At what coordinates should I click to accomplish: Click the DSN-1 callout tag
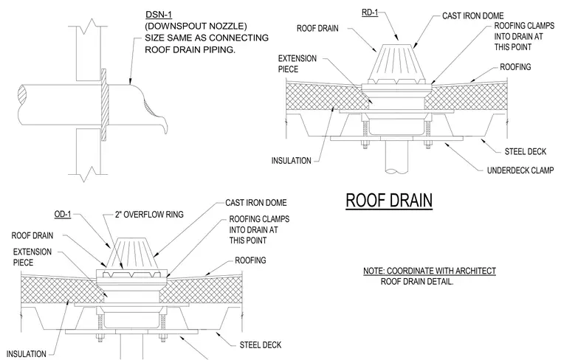[159, 15]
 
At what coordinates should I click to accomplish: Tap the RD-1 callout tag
[370, 13]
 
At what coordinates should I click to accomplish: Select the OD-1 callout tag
[63, 215]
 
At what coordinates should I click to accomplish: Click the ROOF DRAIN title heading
[389, 201]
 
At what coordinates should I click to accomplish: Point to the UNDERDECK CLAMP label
[520, 170]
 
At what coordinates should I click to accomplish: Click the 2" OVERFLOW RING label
[149, 215]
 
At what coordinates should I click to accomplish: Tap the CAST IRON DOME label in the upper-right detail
[472, 15]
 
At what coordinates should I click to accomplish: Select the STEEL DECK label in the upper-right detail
[526, 151]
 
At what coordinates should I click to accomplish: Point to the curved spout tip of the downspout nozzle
[165, 128]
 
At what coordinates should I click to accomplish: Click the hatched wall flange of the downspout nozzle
[104, 105]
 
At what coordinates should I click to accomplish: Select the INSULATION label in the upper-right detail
[292, 161]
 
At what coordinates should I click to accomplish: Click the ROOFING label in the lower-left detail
[250, 260]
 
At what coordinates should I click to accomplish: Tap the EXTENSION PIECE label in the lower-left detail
[32, 257]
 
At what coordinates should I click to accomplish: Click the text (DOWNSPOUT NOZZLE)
[196, 26]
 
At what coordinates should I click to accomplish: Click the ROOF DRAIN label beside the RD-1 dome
[317, 28]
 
